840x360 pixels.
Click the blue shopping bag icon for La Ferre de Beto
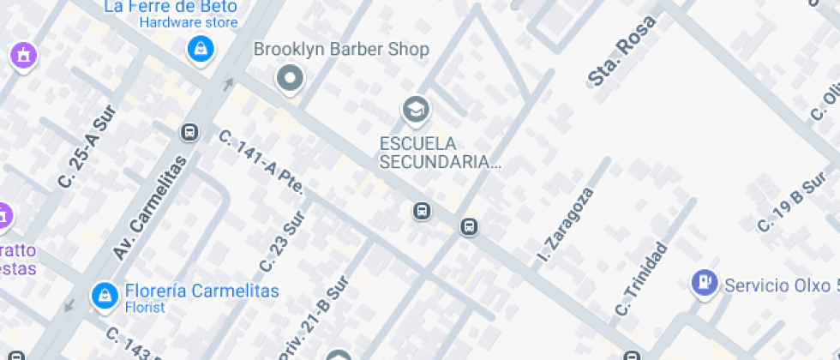[x=200, y=48]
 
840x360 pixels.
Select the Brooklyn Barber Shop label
[x=341, y=50]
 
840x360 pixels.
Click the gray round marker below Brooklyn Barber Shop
[x=291, y=79]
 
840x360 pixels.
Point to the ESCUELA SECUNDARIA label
[x=440, y=152]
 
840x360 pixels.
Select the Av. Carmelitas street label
[x=149, y=207]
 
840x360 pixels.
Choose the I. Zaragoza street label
[x=565, y=226]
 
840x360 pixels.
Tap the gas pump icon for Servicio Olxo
[x=705, y=282]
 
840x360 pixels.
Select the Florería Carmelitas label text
[x=201, y=291]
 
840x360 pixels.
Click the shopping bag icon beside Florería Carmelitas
[x=105, y=297]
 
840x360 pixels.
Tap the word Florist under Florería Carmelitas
[x=145, y=307]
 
